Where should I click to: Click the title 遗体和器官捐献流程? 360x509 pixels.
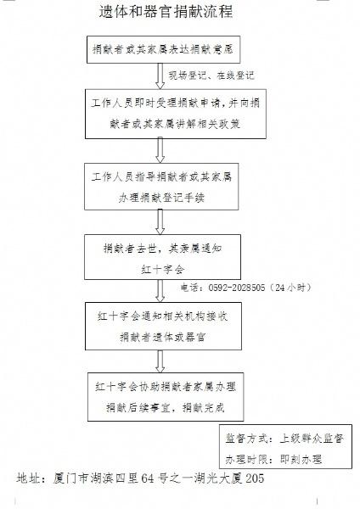[166, 11]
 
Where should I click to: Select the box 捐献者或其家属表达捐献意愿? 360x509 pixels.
[163, 50]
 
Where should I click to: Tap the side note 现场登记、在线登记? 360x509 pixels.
[211, 76]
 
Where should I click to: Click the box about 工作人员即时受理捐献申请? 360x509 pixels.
[176, 114]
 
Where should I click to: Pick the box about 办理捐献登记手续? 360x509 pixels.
[161, 187]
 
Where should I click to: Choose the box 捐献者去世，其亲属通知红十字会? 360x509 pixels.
[162, 257]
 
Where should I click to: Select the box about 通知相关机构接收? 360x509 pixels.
[163, 327]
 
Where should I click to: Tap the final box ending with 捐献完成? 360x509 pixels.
[166, 397]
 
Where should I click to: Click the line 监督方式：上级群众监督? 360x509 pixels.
[284, 439]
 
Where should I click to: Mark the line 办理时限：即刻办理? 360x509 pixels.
[273, 459]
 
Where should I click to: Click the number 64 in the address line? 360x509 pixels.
[148, 478]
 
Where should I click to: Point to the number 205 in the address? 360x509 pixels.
[255, 478]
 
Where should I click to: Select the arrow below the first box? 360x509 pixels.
[160, 76]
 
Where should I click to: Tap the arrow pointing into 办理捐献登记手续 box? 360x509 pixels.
[160, 151]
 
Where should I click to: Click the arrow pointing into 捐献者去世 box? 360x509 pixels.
[160, 222]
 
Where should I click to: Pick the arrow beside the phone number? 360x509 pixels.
[160, 291]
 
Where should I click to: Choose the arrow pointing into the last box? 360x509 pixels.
[160, 361]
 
